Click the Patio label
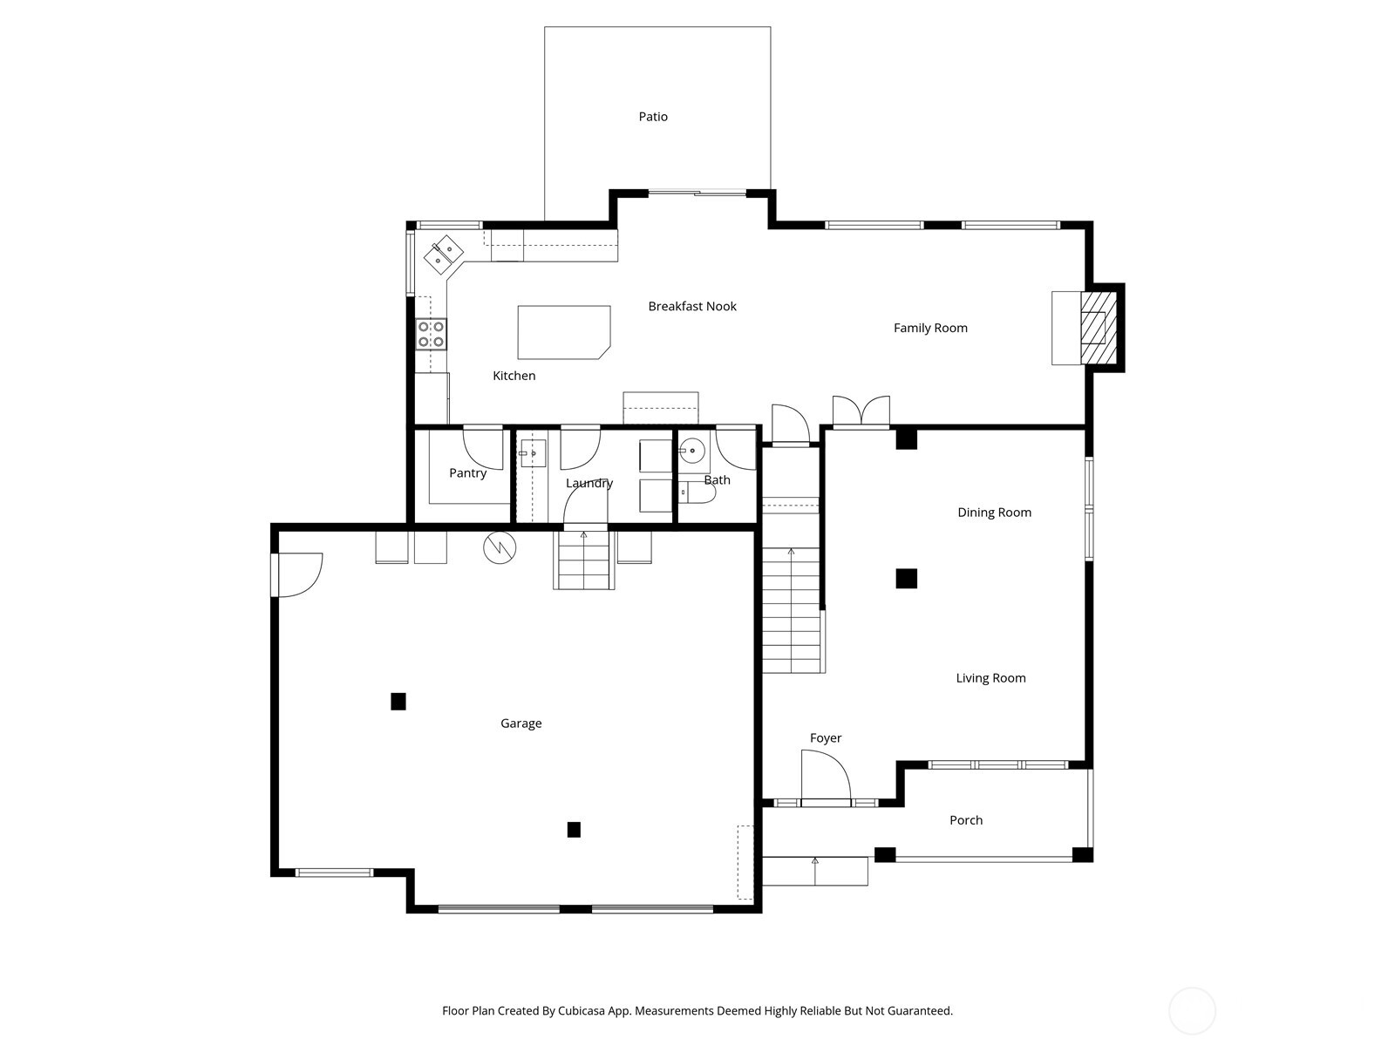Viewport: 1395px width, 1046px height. tap(653, 117)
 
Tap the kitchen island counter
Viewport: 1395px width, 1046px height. tap(562, 332)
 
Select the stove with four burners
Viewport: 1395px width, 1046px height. tap(432, 334)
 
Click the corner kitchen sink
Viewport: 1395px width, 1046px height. tap(443, 253)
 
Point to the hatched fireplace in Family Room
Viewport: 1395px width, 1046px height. tap(1094, 328)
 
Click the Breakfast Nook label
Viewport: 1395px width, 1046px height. tap(692, 306)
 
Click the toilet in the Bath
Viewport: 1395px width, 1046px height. tap(698, 493)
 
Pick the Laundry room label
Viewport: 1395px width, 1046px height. tap(589, 483)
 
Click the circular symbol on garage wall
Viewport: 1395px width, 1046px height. tap(500, 547)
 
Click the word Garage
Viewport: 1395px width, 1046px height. tap(521, 723)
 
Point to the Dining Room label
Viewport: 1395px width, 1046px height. tap(994, 513)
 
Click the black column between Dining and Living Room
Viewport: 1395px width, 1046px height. tap(907, 578)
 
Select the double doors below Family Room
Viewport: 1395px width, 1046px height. tap(861, 411)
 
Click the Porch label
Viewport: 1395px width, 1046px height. tap(966, 820)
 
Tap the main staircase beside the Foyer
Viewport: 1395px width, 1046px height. tap(792, 601)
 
